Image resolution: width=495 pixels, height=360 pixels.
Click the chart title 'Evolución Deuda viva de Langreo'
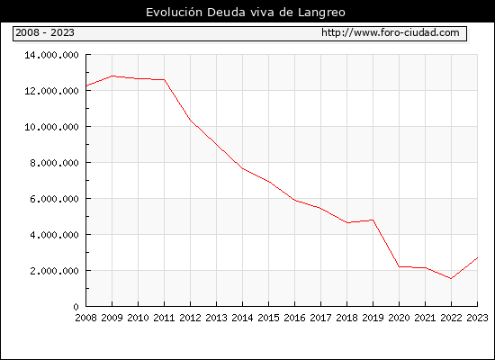click(246, 13)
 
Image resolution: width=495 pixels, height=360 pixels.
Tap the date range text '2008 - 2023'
click(45, 32)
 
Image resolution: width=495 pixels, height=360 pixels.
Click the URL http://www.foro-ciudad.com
click(391, 32)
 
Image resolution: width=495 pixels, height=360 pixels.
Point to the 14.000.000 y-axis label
click(51, 55)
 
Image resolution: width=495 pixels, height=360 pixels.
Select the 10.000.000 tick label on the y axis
click(51, 127)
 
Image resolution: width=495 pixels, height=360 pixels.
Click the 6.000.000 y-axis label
click(54, 199)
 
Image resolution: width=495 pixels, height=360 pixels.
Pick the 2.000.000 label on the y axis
click(54, 271)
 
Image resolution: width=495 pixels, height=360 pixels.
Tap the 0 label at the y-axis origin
click(76, 307)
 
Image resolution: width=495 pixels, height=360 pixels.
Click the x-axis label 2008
click(85, 318)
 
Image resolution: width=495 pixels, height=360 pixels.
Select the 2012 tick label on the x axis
click(191, 318)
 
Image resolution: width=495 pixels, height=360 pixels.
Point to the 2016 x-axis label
click(294, 318)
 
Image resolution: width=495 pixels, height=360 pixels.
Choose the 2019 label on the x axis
click(373, 318)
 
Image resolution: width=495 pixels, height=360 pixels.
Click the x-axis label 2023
click(477, 318)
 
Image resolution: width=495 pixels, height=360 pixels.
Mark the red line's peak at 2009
click(112, 76)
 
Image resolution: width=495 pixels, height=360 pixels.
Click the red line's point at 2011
click(164, 79)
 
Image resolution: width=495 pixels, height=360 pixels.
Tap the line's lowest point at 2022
click(451, 278)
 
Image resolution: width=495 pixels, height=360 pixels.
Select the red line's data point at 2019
click(373, 220)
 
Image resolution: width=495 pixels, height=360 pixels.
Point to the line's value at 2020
click(399, 266)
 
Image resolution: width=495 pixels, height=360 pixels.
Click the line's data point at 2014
click(242, 168)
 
